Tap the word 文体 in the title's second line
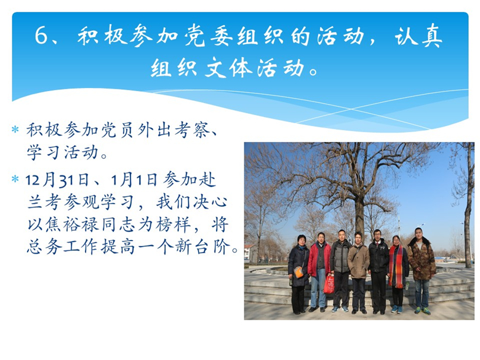click(228, 68)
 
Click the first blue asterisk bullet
click(15, 129)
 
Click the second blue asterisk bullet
click(15, 179)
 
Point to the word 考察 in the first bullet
click(191, 130)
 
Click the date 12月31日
click(57, 180)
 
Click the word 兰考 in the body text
click(45, 202)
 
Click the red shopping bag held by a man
click(329, 283)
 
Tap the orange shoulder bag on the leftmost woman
click(298, 272)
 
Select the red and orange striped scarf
click(396, 266)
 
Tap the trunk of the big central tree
click(359, 214)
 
